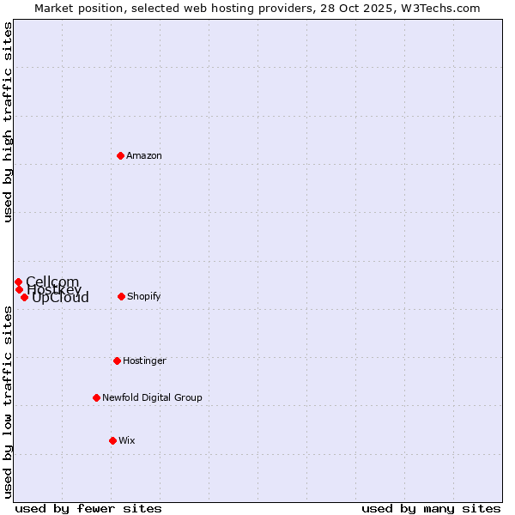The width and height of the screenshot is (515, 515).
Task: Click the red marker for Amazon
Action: [x=121, y=155]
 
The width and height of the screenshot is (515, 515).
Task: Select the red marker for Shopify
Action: [x=121, y=296]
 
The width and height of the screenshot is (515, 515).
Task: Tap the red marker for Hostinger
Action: [x=117, y=360]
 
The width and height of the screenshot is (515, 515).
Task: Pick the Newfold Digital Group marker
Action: [x=96, y=397]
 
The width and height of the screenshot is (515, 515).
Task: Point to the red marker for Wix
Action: [x=112, y=440]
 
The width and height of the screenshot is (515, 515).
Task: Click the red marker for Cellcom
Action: [x=18, y=282]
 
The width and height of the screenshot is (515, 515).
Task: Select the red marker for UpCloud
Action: [x=24, y=297]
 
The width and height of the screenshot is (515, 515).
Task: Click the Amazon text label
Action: [x=144, y=155]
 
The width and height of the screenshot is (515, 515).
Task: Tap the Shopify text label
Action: [x=143, y=296]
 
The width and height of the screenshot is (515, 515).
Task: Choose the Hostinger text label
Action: [x=144, y=360]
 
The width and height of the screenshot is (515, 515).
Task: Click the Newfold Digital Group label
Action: [x=152, y=397]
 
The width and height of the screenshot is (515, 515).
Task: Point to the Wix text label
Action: [x=127, y=440]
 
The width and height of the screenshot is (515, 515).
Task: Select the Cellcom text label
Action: [x=52, y=282]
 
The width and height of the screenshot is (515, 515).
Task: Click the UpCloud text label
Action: [x=60, y=298]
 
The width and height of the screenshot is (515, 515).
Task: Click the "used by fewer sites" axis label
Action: [x=88, y=508]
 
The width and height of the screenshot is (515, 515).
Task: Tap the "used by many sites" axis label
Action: [x=431, y=508]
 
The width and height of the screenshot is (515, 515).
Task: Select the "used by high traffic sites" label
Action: [x=8, y=122]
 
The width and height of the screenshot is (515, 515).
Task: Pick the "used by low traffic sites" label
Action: [x=8, y=401]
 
